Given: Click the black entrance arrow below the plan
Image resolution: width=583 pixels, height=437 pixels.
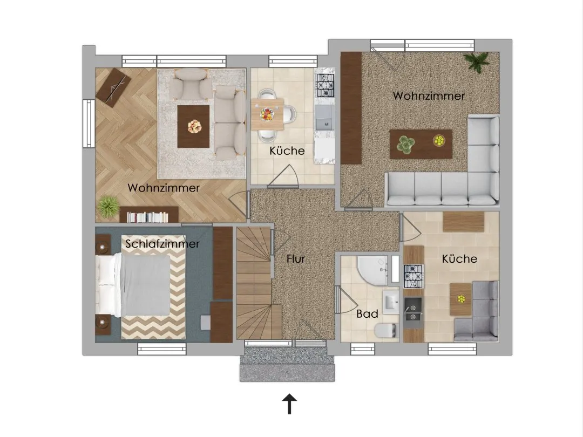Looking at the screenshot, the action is click(289, 404).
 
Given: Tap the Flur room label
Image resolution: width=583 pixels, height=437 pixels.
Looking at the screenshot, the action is click(296, 258).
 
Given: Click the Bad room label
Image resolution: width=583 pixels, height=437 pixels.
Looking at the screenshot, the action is click(367, 314).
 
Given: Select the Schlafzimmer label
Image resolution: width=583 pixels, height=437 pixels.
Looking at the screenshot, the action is click(162, 244).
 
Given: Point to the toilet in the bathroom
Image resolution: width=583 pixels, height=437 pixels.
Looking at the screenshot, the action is click(385, 330).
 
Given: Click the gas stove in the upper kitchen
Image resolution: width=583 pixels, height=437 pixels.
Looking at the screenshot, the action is click(325, 85).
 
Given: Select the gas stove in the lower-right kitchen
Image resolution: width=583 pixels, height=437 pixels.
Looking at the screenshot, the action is click(413, 276).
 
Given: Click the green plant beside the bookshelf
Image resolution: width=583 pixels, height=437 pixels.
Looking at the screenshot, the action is click(109, 207).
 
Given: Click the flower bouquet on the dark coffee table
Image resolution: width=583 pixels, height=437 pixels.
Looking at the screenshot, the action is click(194, 126).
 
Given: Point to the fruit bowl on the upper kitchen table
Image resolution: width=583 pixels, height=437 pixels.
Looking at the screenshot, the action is click(267, 114).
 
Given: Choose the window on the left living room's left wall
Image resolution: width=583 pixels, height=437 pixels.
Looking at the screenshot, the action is click(89, 124).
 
